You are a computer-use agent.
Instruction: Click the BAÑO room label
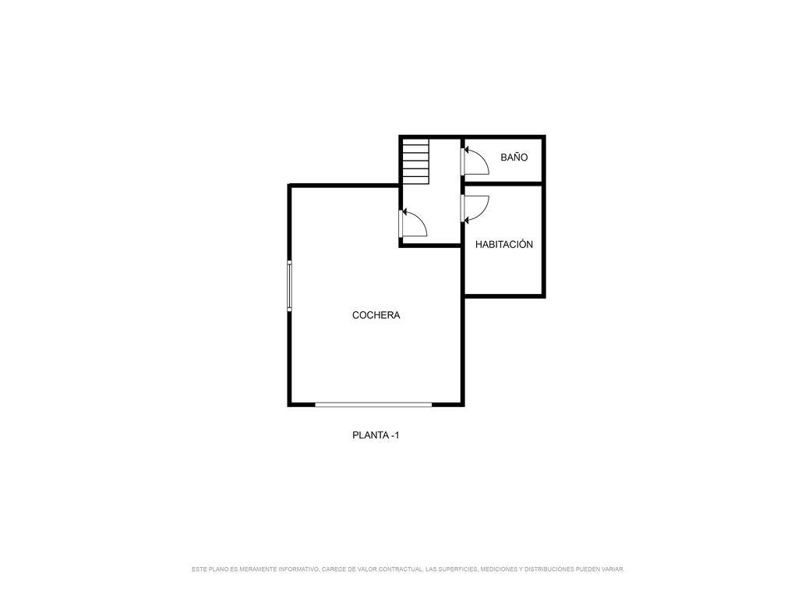(514, 158)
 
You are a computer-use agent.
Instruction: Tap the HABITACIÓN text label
(504, 244)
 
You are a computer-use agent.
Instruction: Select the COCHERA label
(376, 315)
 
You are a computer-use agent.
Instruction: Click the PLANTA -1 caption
(376, 435)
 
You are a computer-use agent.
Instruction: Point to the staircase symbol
(416, 161)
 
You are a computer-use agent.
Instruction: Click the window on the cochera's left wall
(290, 285)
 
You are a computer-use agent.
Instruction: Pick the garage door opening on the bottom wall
(373, 405)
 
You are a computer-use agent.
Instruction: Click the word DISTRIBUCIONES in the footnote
(549, 569)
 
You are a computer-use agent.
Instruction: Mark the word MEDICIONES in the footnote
(498, 569)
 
